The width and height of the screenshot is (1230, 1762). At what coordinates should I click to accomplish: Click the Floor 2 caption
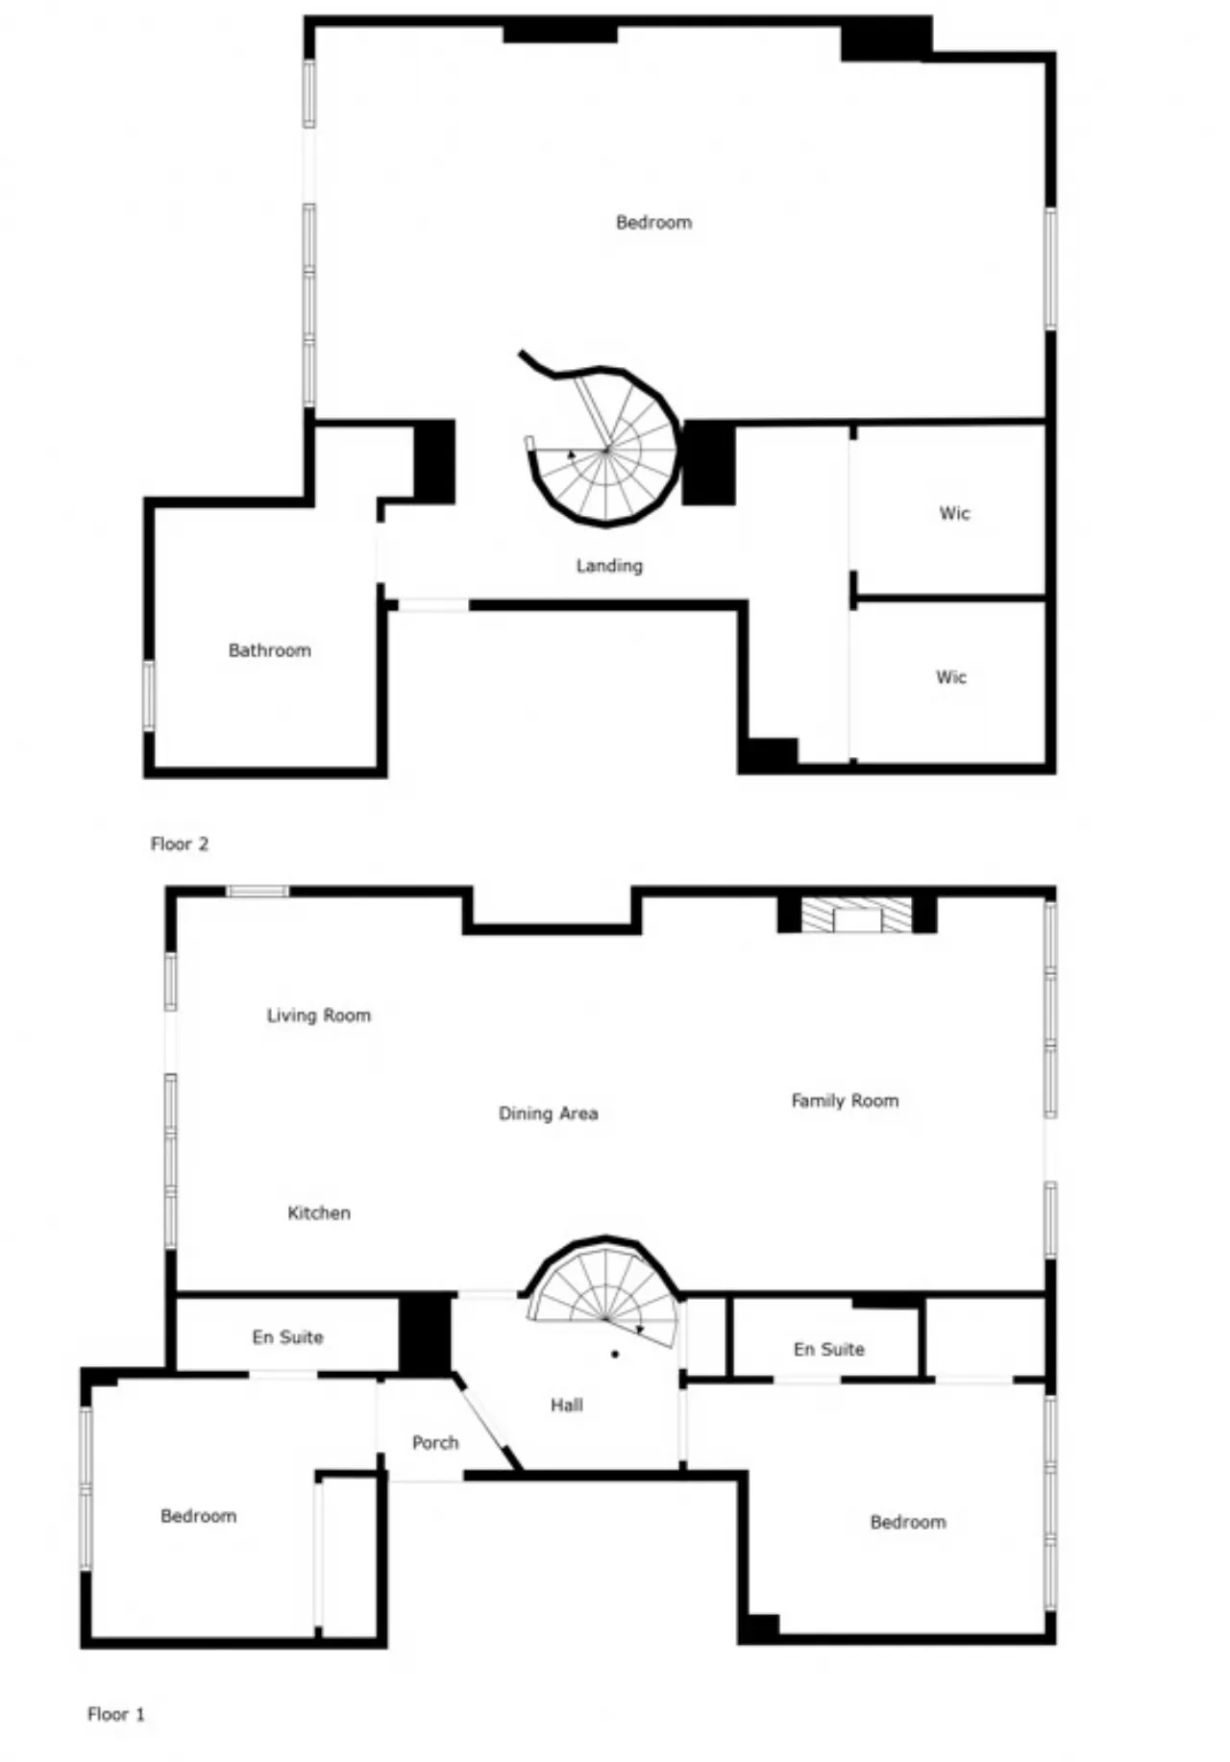coord(180,844)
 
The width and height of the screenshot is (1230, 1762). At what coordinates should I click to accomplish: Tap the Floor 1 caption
coord(116,1714)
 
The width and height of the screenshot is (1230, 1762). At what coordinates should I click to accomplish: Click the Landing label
coord(609,566)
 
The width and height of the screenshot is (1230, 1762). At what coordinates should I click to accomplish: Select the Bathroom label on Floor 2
coord(270,650)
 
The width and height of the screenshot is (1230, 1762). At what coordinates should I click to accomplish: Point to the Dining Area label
coord(549,1113)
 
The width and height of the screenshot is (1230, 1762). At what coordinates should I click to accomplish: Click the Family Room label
coord(846,1101)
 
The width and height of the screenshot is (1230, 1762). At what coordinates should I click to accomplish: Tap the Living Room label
coord(319,1016)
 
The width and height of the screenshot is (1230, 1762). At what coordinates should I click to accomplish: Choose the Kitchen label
coord(319,1212)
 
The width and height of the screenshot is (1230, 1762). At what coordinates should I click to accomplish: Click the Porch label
coord(435,1443)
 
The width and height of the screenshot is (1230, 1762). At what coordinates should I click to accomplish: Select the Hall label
coord(567,1406)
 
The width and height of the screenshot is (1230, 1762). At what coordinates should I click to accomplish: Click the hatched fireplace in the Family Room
coord(857,916)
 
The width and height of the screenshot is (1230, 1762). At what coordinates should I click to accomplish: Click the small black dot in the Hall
coord(615,1355)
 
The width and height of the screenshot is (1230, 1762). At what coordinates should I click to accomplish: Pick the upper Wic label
coord(954,513)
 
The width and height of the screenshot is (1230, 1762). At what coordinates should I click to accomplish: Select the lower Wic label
coord(951,677)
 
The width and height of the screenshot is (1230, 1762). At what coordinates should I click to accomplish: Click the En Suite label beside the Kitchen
coord(288,1337)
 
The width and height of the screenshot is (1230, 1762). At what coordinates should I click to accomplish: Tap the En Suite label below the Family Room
coord(829,1350)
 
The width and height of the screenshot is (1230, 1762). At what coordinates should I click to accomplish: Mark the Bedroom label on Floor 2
coord(653,223)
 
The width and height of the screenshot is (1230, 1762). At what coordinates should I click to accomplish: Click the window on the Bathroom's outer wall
coord(149,694)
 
